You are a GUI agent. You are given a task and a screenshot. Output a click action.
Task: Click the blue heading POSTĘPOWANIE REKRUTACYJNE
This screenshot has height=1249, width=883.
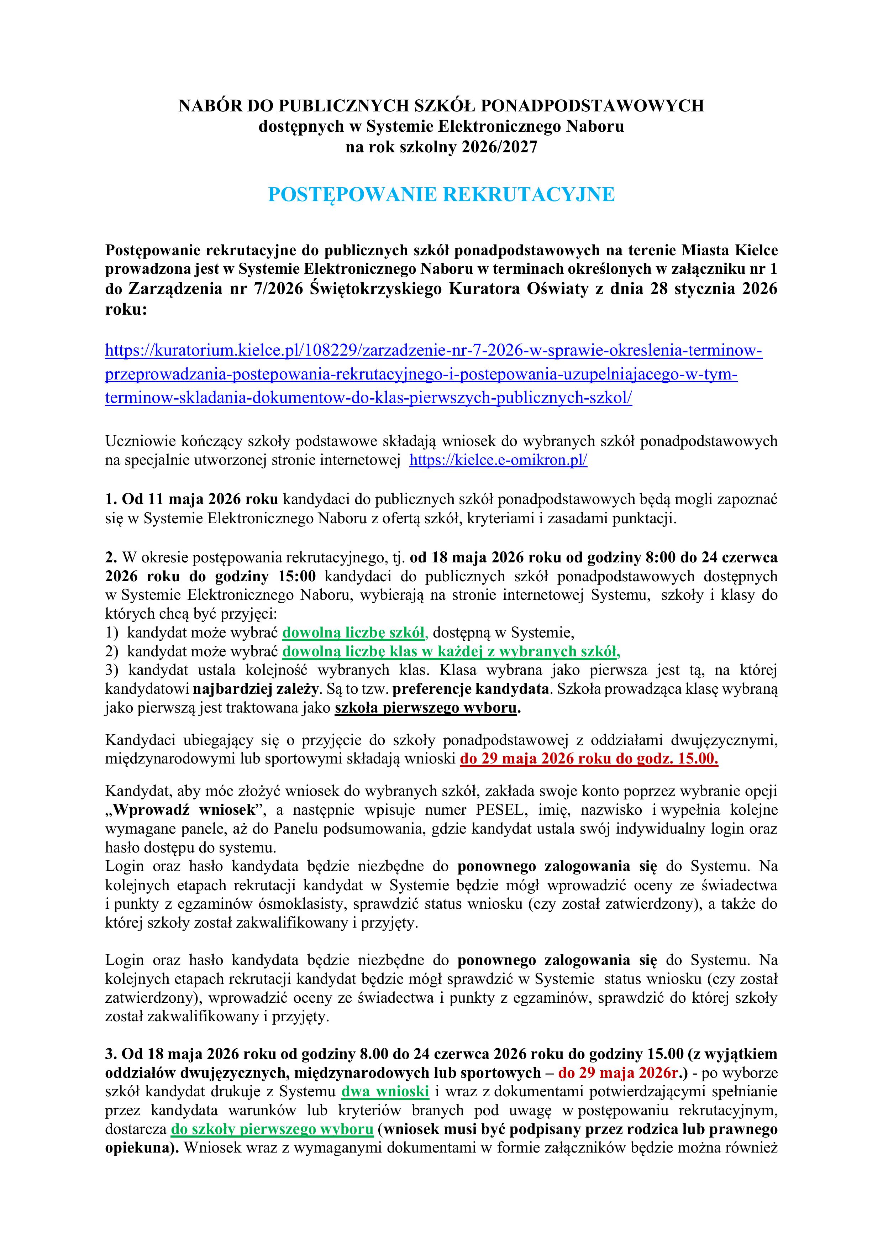click(x=441, y=194)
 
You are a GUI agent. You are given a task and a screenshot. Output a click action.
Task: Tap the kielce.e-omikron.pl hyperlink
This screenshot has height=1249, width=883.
click(x=498, y=460)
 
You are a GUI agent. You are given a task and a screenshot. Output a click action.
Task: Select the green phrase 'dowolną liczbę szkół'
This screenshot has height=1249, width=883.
click(x=354, y=632)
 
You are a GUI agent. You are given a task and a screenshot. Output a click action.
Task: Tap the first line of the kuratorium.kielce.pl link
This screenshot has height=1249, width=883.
click(x=433, y=351)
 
